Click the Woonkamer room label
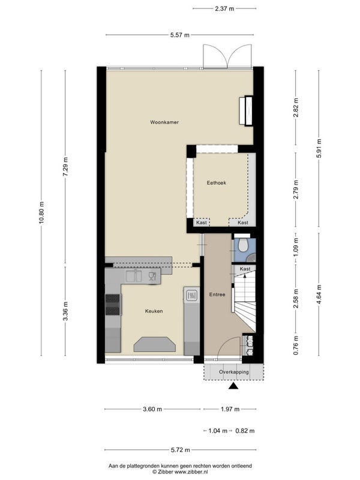(x=164, y=122)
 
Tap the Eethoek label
(x=217, y=183)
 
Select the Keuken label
(x=154, y=311)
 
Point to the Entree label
(x=217, y=295)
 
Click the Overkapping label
(x=233, y=372)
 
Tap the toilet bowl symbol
(x=244, y=245)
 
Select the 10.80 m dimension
(x=41, y=213)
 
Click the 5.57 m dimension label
(x=179, y=35)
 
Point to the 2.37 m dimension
(x=224, y=8)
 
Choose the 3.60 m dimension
(x=152, y=409)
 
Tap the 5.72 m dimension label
(x=181, y=449)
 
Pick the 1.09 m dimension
(x=296, y=248)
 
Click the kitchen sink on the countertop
(x=134, y=277)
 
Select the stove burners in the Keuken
(x=112, y=305)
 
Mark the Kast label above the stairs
(x=245, y=269)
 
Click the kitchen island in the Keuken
(x=155, y=344)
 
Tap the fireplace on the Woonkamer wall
(x=246, y=111)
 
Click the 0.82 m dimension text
(x=245, y=431)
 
